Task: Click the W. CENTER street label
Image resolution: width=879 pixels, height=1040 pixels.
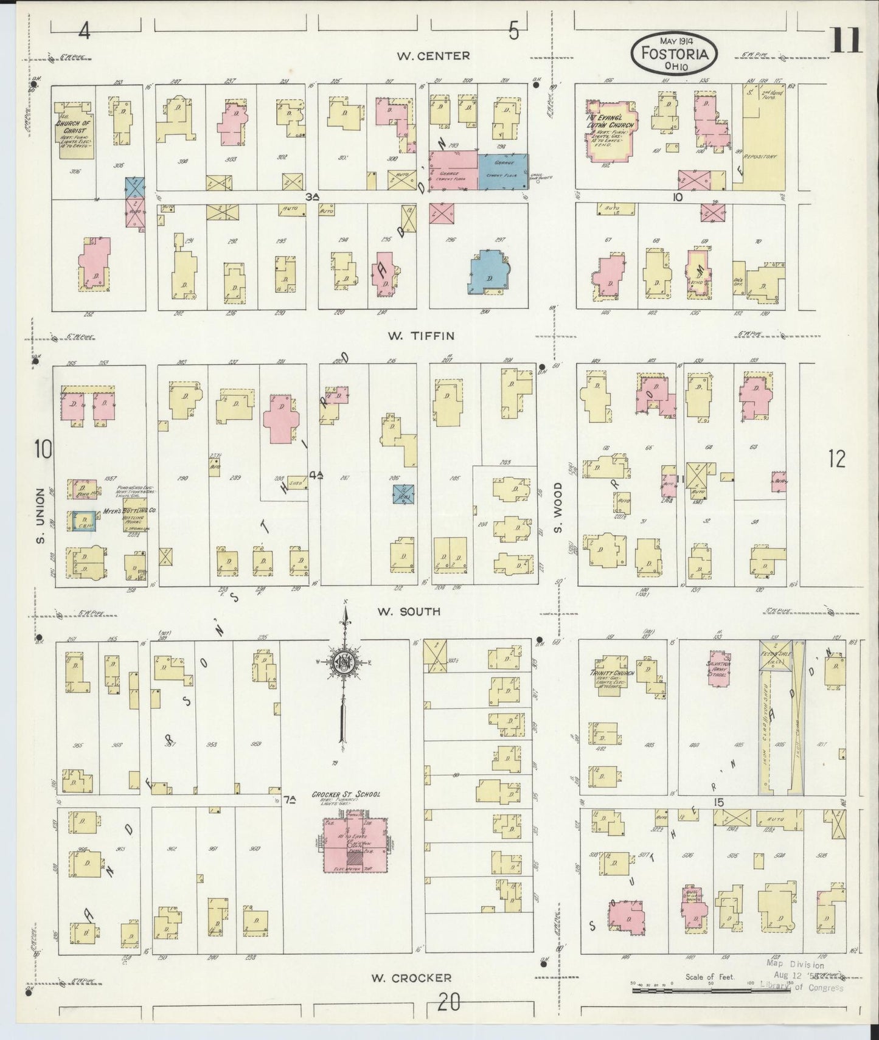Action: (x=433, y=56)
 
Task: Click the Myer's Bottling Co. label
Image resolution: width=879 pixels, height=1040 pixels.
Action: (x=128, y=511)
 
